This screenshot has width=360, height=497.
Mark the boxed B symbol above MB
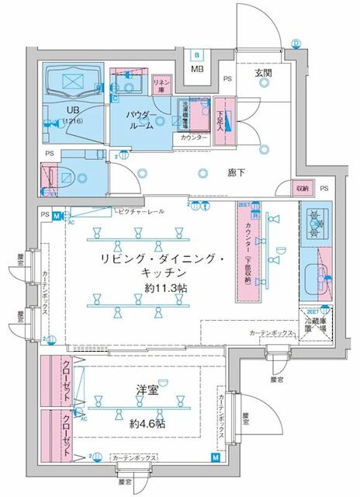tap(197, 54)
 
